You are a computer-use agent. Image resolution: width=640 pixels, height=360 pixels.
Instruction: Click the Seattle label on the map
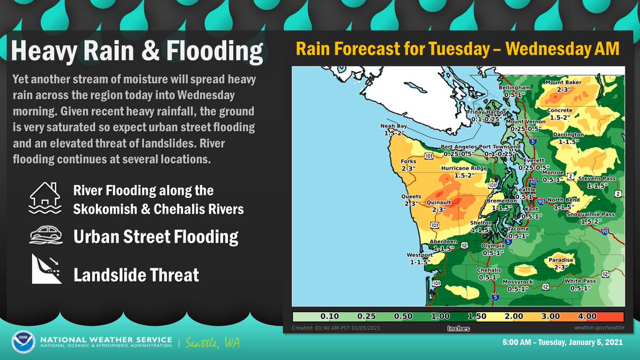pyautogui.click(x=525, y=190)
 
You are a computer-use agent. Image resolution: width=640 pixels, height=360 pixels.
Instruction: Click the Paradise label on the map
pyautogui.click(x=561, y=260)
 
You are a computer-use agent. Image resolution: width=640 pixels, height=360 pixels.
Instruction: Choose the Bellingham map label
pyautogui.click(x=515, y=87)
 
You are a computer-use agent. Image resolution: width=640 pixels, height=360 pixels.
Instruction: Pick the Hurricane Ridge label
pyautogui.click(x=463, y=168)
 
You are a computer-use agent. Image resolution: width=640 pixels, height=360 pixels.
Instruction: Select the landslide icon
pyautogui.click(x=44, y=269)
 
